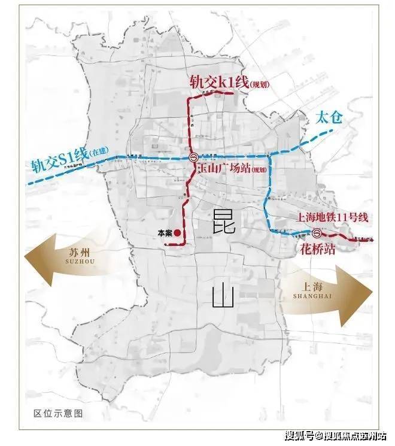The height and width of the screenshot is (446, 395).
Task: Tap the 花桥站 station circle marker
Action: click(x=317, y=234)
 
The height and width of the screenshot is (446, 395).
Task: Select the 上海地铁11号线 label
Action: click(x=335, y=219)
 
